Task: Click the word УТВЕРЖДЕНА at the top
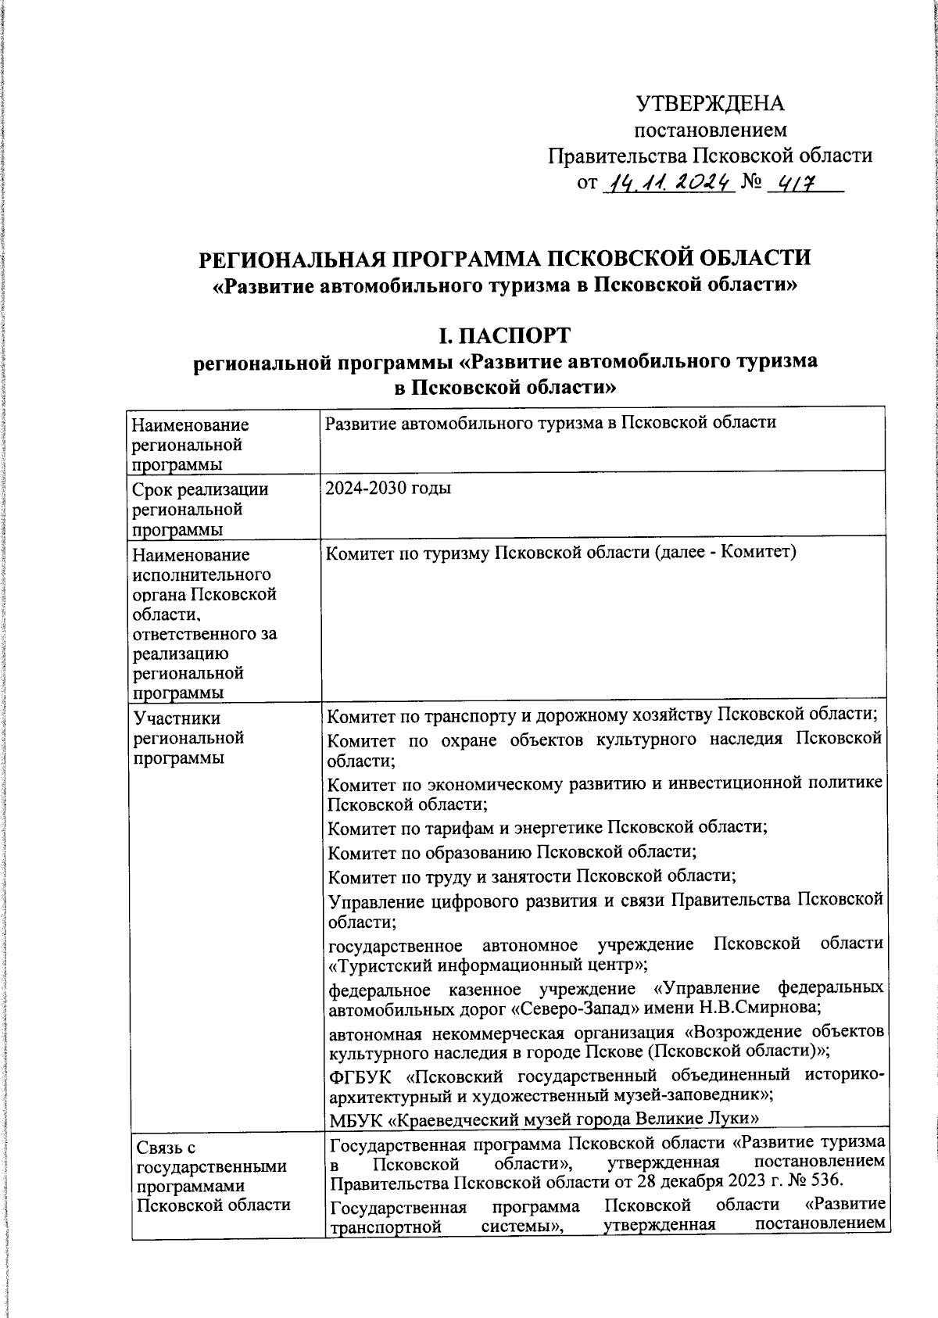(x=710, y=103)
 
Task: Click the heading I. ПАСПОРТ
(x=504, y=336)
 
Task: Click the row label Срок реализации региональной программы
(x=201, y=510)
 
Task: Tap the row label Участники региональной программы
(x=188, y=738)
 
